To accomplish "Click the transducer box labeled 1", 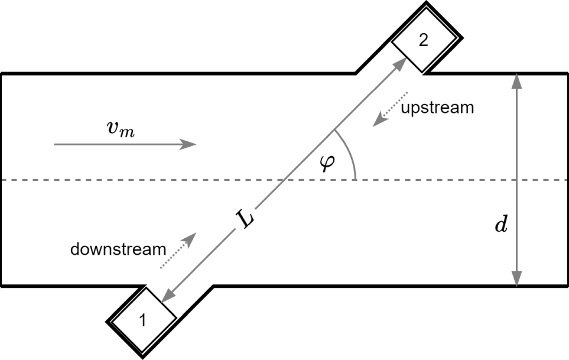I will pos(142,320).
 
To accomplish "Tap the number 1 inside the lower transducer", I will pos(142,320).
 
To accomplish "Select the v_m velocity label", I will pos(121,129).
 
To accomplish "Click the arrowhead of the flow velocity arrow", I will pos(189,144).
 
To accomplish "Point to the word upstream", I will pos(437,108).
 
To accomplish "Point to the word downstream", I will pos(118,249).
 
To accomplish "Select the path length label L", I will pos(246,220).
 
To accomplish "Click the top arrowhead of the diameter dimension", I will pos(516,80).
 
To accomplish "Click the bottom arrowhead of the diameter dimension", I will pos(516,279).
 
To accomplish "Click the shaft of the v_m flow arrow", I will pos(118,144).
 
